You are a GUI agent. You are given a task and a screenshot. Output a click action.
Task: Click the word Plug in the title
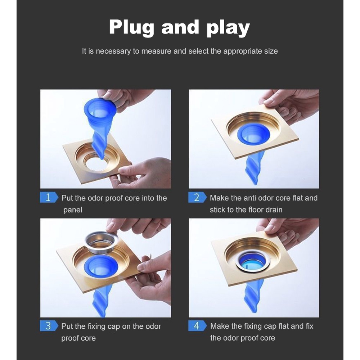131,28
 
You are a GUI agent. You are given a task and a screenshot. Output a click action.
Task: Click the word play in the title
228,28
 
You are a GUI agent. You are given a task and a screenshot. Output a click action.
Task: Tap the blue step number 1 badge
49,197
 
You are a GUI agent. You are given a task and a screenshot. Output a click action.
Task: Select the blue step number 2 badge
197,197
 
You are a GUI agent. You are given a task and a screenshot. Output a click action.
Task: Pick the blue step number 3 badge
49,325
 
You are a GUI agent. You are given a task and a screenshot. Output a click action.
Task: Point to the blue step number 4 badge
197,325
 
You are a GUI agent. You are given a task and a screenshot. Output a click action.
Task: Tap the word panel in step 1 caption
73,210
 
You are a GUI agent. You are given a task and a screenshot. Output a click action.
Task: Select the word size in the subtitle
271,51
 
